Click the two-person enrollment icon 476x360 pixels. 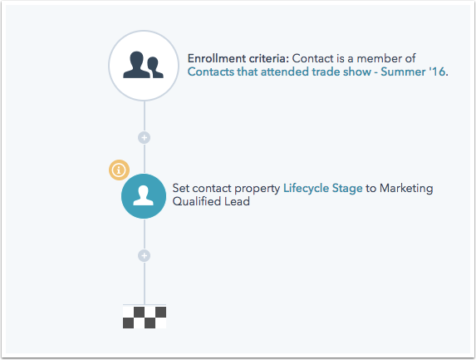[x=143, y=65]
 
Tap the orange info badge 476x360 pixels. [x=119, y=170]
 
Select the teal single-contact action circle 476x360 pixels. [x=144, y=196]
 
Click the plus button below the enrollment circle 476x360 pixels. [x=145, y=138]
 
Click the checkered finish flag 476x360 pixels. [x=145, y=317]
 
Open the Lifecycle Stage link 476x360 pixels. [x=322, y=189]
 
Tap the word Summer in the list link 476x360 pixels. [x=403, y=72]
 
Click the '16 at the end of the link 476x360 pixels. [x=437, y=72]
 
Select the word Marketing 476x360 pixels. [x=406, y=189]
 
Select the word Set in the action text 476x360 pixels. [x=180, y=189]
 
